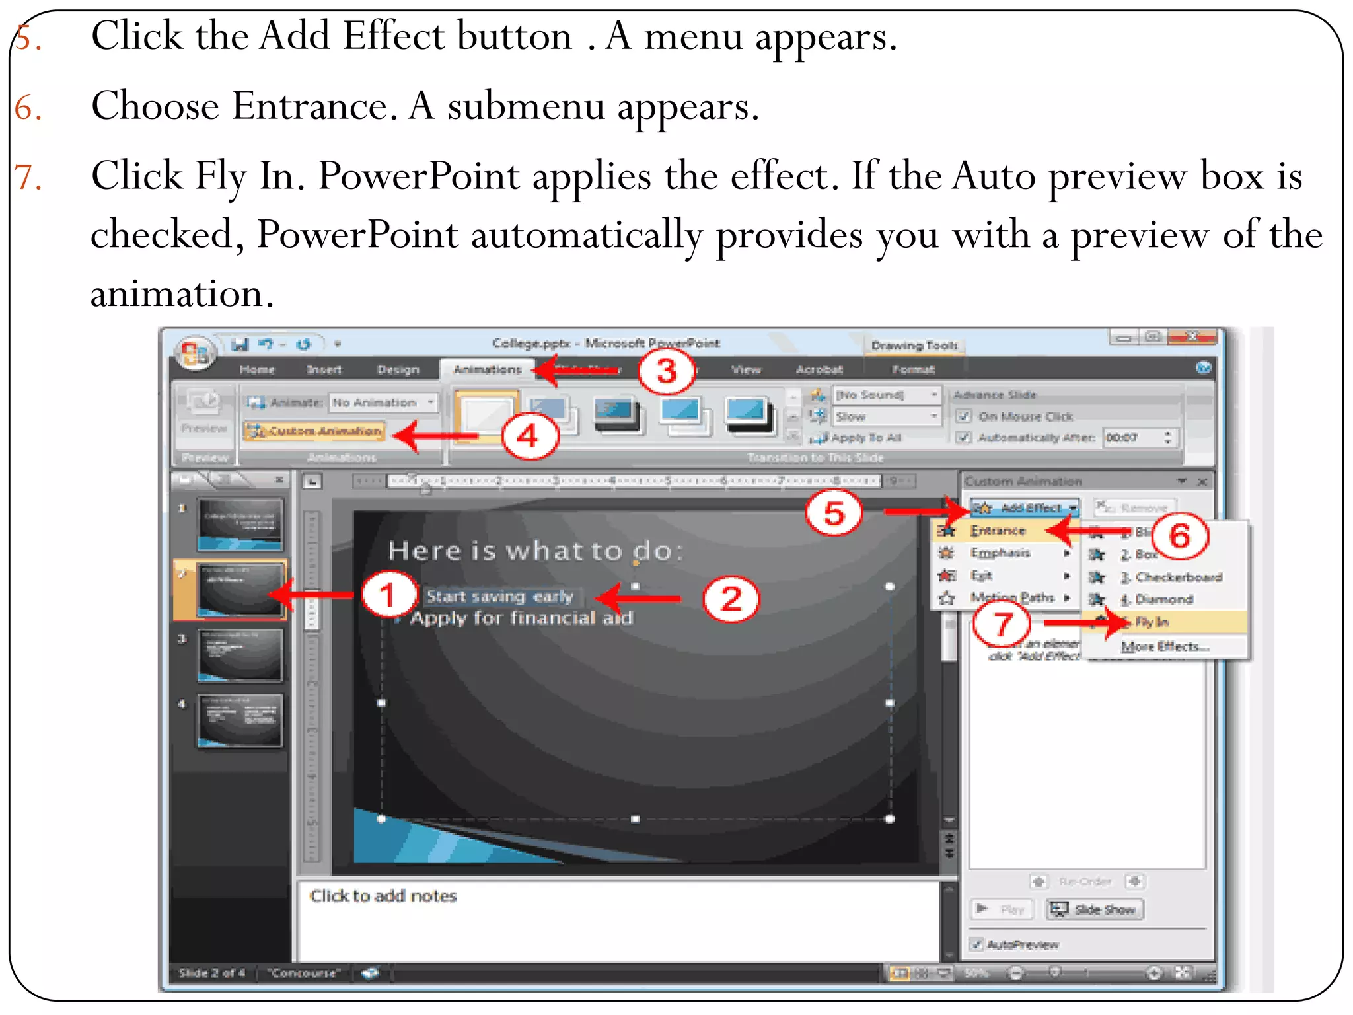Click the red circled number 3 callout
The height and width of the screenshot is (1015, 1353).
667,371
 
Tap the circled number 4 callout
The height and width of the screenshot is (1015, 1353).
529,436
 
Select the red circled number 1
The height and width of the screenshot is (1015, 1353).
388,594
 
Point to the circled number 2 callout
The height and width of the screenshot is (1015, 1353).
731,599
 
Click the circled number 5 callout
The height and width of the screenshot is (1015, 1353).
834,513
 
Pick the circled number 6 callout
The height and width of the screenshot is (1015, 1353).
1180,535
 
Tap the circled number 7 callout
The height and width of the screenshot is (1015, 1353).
1002,624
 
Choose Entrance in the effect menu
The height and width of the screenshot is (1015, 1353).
998,531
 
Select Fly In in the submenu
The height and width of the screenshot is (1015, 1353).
1152,622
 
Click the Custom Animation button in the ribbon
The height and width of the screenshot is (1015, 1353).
314,431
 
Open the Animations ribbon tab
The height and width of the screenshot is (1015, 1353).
487,369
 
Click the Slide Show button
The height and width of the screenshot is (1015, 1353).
1095,909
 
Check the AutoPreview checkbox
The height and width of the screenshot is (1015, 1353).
976,944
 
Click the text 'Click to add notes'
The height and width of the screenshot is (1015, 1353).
383,896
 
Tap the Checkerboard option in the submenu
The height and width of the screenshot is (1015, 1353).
1178,577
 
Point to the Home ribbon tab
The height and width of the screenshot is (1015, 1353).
257,369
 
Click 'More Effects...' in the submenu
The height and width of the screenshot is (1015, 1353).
1165,646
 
